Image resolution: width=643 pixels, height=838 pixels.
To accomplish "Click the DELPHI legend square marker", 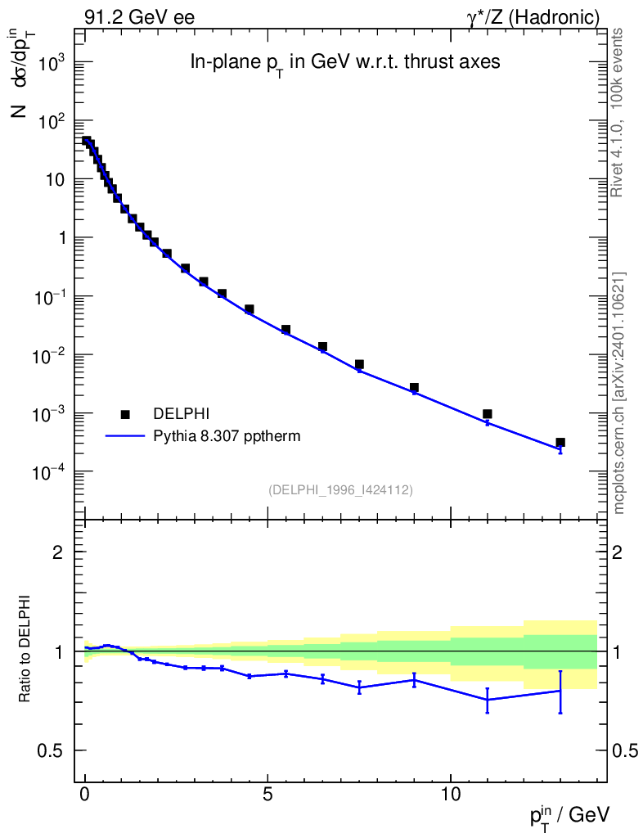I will (125, 415).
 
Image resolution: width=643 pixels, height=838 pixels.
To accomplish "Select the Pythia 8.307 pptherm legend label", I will (227, 436).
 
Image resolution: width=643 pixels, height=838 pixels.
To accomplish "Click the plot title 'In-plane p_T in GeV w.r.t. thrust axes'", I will (339, 63).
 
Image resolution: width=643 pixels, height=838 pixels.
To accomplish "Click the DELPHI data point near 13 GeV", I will (560, 443).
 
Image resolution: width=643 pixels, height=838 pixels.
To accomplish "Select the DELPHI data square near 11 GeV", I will (488, 414).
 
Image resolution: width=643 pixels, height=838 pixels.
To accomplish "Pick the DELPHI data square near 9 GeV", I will (414, 388).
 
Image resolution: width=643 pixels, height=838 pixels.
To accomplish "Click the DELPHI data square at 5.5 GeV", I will (286, 330).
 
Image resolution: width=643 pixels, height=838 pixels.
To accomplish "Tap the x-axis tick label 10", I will (451, 795).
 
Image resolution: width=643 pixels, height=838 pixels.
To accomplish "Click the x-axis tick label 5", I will (268, 795).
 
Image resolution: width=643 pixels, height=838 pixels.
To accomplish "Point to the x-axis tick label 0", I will (85, 795).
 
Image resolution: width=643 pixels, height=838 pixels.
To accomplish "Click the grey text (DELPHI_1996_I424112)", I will (340, 490).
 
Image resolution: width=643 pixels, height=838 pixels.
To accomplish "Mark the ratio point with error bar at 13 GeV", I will (560, 691).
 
